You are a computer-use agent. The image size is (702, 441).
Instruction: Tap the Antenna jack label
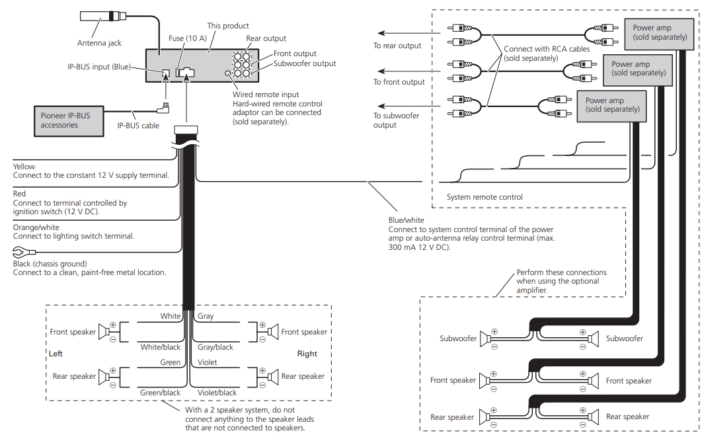coord(99,43)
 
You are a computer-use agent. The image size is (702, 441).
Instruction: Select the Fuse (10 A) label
coord(188,38)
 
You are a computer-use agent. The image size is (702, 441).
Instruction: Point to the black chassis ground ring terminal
coord(19,251)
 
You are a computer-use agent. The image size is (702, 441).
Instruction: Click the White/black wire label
coord(160,347)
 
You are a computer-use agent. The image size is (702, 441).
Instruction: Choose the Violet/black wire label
coord(217,393)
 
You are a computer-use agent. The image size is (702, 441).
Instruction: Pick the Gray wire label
coord(206,316)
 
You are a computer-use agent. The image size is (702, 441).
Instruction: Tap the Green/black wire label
coord(160,393)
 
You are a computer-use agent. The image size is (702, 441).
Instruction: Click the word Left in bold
coord(56,354)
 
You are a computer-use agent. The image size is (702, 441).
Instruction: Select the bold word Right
coord(307,354)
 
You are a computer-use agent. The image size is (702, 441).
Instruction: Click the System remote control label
coord(485,197)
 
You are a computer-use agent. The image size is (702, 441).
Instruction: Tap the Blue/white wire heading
coord(406,220)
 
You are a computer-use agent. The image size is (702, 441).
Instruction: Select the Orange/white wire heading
coord(36,227)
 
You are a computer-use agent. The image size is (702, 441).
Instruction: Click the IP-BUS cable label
coord(138,126)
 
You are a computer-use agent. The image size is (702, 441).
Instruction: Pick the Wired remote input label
coord(266,95)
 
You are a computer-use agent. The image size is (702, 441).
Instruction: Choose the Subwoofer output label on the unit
coord(305,63)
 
